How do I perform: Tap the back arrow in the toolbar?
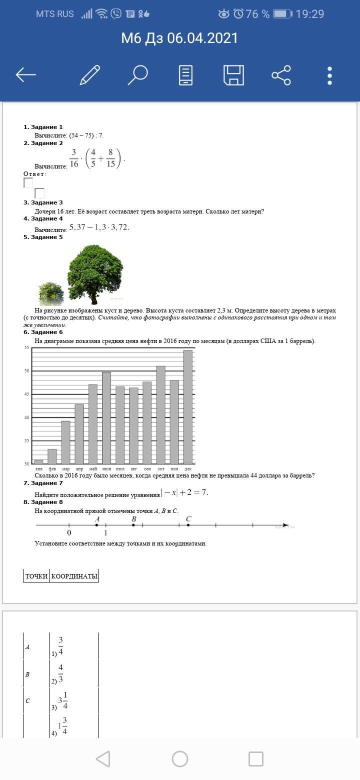[26, 75]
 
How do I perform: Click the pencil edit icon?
[90, 75]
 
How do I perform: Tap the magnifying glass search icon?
[137, 75]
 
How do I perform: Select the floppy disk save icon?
[233, 75]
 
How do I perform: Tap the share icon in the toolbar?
[281, 75]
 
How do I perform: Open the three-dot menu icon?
[329, 75]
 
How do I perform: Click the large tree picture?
[95, 272]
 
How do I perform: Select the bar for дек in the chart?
[188, 407]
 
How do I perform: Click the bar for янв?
[38, 461]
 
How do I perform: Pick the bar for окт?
[161, 415]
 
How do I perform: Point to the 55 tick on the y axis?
[26, 347]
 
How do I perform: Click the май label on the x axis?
[93, 469]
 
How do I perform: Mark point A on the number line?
[96, 525]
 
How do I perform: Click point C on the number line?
[188, 525]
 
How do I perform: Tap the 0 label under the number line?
[69, 533]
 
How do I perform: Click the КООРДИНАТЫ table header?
[74, 576]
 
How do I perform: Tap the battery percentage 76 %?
[258, 14]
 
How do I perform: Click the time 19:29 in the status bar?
[310, 14]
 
